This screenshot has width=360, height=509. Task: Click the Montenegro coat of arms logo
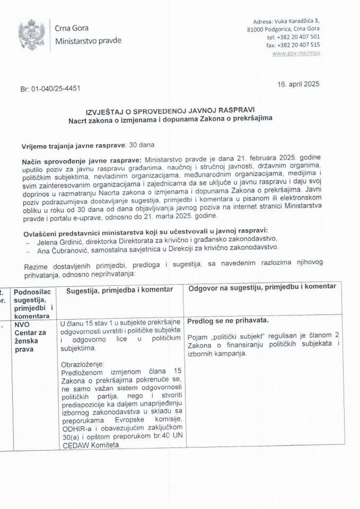point(28,34)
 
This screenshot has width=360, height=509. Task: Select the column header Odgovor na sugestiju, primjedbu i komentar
point(259,287)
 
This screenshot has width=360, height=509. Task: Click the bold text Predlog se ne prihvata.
point(227,321)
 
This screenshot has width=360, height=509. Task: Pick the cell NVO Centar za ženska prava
point(33,335)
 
